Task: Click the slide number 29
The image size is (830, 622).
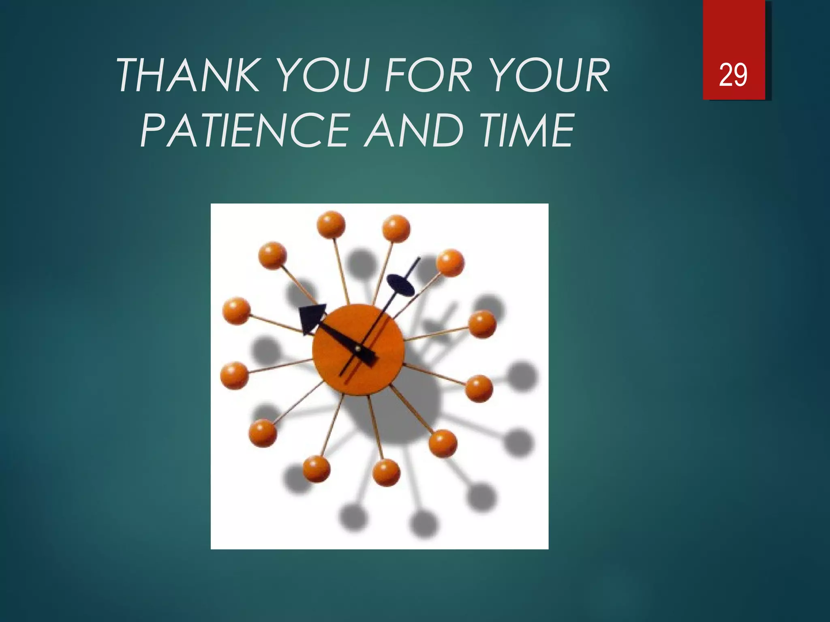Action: click(733, 75)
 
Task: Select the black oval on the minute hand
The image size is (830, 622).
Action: click(400, 285)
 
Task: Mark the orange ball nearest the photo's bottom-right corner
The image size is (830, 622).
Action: click(443, 443)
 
